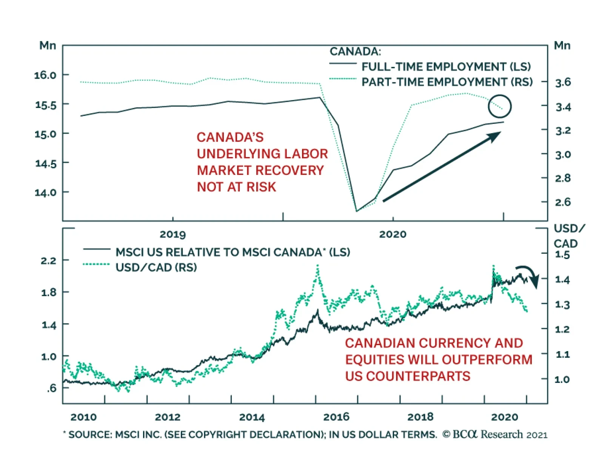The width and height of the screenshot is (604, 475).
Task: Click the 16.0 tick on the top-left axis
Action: click(45, 75)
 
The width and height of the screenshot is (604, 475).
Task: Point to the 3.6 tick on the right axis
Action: click(562, 82)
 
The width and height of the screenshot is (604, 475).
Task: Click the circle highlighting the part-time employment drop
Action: click(499, 106)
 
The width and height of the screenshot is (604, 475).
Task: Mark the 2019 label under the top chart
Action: click(173, 234)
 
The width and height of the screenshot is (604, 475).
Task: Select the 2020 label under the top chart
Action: click(393, 234)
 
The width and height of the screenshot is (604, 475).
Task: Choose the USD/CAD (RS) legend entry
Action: click(156, 267)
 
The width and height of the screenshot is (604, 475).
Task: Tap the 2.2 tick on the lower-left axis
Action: click(48, 261)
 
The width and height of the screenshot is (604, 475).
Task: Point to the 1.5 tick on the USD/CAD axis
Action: click(562, 255)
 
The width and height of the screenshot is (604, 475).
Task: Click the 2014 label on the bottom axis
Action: click(252, 417)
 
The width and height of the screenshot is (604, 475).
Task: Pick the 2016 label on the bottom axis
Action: click(336, 417)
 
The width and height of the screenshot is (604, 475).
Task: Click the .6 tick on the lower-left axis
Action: click(52, 388)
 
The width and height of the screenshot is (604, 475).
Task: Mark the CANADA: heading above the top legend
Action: click(355, 51)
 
